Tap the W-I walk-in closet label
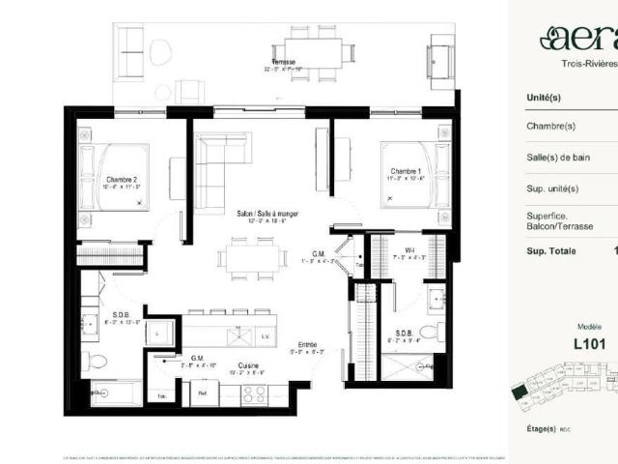pyautogui.click(x=409, y=250)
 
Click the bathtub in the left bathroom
pyautogui.click(x=115, y=392)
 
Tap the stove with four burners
pyautogui.click(x=254, y=394)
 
